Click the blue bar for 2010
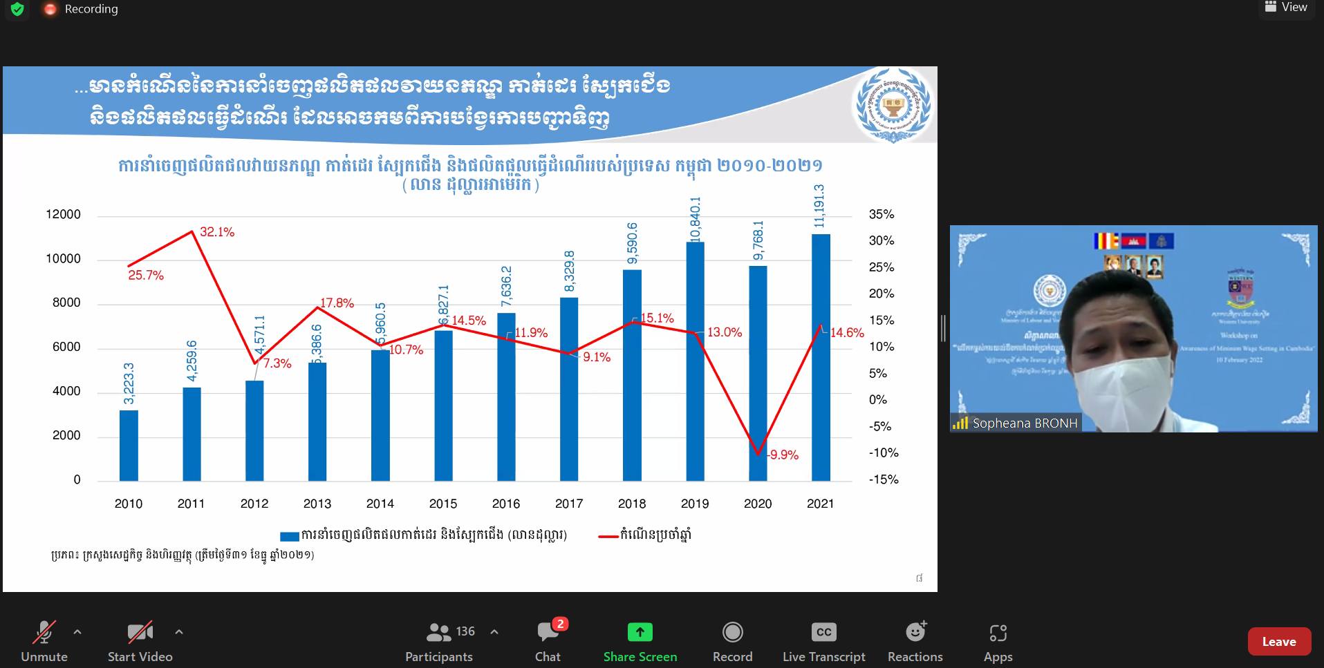pyautogui.click(x=129, y=446)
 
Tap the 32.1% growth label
pyautogui.click(x=217, y=232)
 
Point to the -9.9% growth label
pyautogui.click(x=784, y=455)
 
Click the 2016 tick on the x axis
pyautogui.click(x=506, y=504)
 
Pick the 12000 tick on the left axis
pyautogui.click(x=64, y=214)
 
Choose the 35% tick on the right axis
pyautogui.click(x=882, y=214)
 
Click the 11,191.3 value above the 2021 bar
pyautogui.click(x=819, y=206)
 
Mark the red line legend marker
pyautogui.click(x=608, y=535)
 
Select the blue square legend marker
pyautogui.click(x=289, y=536)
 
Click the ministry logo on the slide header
pyautogui.click(x=893, y=105)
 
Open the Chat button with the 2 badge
pyautogui.click(x=548, y=632)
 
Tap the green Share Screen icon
pyautogui.click(x=640, y=632)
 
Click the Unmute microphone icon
pyautogui.click(x=44, y=632)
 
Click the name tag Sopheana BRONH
pyautogui.click(x=1024, y=423)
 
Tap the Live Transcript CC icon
pyautogui.click(x=823, y=632)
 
